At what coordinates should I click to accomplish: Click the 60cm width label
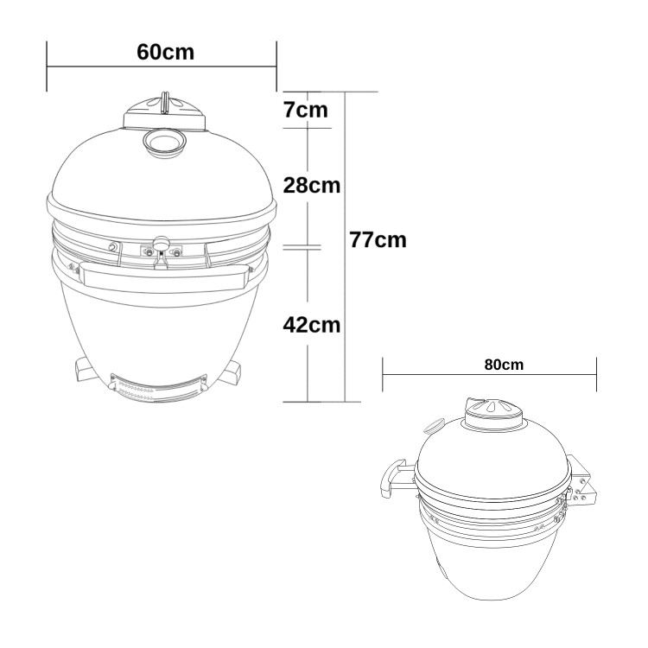(165, 51)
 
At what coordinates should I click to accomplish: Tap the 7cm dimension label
(306, 111)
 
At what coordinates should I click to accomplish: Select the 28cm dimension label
(311, 185)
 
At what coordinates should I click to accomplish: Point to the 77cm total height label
(378, 239)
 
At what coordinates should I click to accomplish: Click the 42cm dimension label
(311, 325)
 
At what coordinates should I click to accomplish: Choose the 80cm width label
(504, 364)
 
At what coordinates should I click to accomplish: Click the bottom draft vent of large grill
(158, 390)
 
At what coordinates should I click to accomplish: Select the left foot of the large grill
(87, 371)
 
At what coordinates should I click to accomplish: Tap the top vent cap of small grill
(493, 414)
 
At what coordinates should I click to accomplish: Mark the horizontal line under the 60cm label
(162, 67)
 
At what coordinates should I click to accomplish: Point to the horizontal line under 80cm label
(489, 375)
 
